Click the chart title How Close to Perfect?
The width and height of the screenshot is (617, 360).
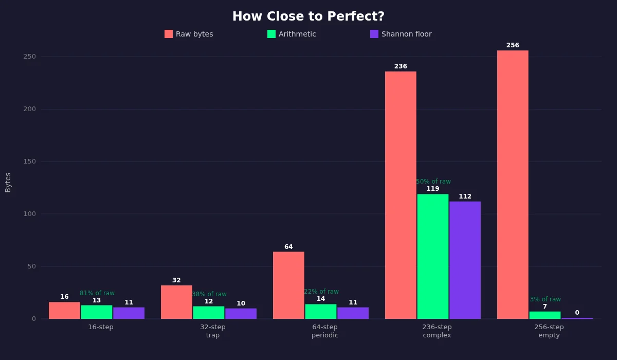[308, 16]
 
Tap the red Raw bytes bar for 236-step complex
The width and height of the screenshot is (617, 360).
[401, 195]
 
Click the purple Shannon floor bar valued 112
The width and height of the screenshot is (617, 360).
[465, 260]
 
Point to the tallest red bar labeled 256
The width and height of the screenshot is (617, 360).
[513, 185]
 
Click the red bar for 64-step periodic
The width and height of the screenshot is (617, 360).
[288, 285]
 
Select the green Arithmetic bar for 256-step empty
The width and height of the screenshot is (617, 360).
[545, 315]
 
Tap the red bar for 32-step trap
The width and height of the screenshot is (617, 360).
[176, 302]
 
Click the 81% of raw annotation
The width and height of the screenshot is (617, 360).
[97, 293]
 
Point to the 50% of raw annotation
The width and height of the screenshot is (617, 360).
[433, 182]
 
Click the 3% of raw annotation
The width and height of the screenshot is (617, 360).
[546, 299]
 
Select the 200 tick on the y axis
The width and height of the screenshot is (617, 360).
[29, 109]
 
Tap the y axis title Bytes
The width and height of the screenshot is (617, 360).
[8, 183]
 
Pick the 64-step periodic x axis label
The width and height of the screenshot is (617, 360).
[325, 331]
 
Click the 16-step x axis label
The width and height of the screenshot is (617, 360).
[101, 327]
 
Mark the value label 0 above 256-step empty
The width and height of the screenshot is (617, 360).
[577, 313]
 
